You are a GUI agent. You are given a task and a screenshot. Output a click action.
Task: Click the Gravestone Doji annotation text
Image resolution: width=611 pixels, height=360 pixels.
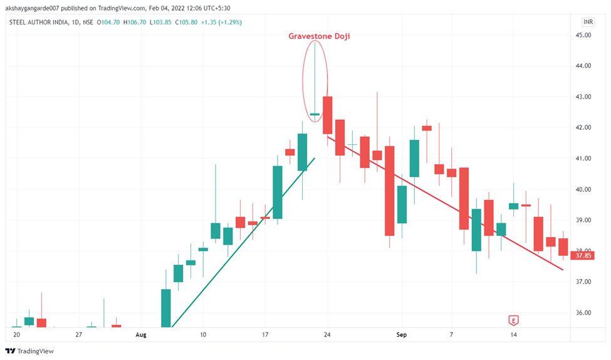pyautogui.click(x=319, y=36)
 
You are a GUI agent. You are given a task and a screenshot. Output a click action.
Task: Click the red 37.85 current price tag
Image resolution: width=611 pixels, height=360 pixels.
pyautogui.click(x=583, y=255)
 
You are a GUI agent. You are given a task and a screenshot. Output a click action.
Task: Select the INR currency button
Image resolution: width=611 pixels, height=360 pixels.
pyautogui.click(x=588, y=22)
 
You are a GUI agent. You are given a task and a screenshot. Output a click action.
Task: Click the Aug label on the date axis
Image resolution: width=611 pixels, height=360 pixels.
pyautogui.click(x=140, y=335)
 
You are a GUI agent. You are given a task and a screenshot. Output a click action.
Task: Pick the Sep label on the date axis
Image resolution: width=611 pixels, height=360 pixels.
pyautogui.click(x=402, y=335)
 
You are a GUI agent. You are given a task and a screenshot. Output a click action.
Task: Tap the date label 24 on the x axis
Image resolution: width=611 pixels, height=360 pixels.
pyautogui.click(x=326, y=335)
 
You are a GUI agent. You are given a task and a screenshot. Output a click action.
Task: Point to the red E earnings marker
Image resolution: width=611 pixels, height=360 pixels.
pyautogui.click(x=514, y=320)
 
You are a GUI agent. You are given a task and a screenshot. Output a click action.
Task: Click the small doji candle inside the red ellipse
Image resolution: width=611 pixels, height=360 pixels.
pyautogui.click(x=315, y=114)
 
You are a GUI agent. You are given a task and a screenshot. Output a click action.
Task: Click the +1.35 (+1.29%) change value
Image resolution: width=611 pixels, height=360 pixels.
pyautogui.click(x=221, y=22)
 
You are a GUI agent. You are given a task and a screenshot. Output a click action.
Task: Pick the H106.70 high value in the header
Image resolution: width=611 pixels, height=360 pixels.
pyautogui.click(x=134, y=22)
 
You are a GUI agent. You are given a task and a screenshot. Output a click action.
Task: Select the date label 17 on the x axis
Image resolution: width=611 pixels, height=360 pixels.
pyautogui.click(x=265, y=335)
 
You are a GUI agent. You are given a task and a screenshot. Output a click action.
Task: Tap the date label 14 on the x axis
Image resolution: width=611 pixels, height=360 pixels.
pyautogui.click(x=513, y=335)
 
